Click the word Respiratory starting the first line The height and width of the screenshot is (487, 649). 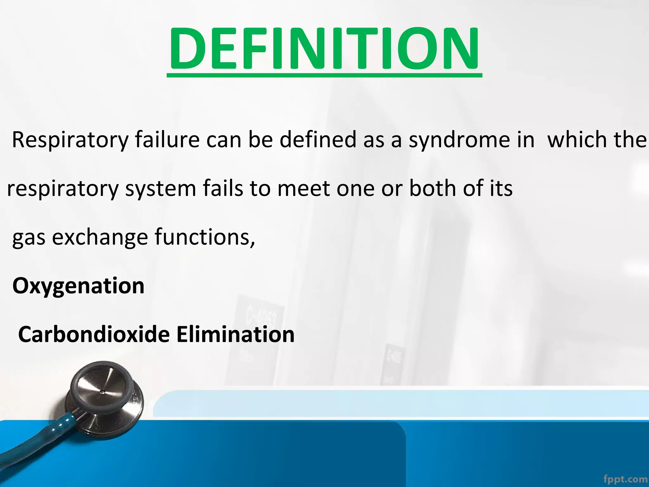pos(70,140)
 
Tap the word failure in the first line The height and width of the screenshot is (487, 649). pos(167,140)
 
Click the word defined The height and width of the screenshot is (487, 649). pos(318,140)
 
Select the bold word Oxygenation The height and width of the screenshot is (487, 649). pos(78,286)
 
